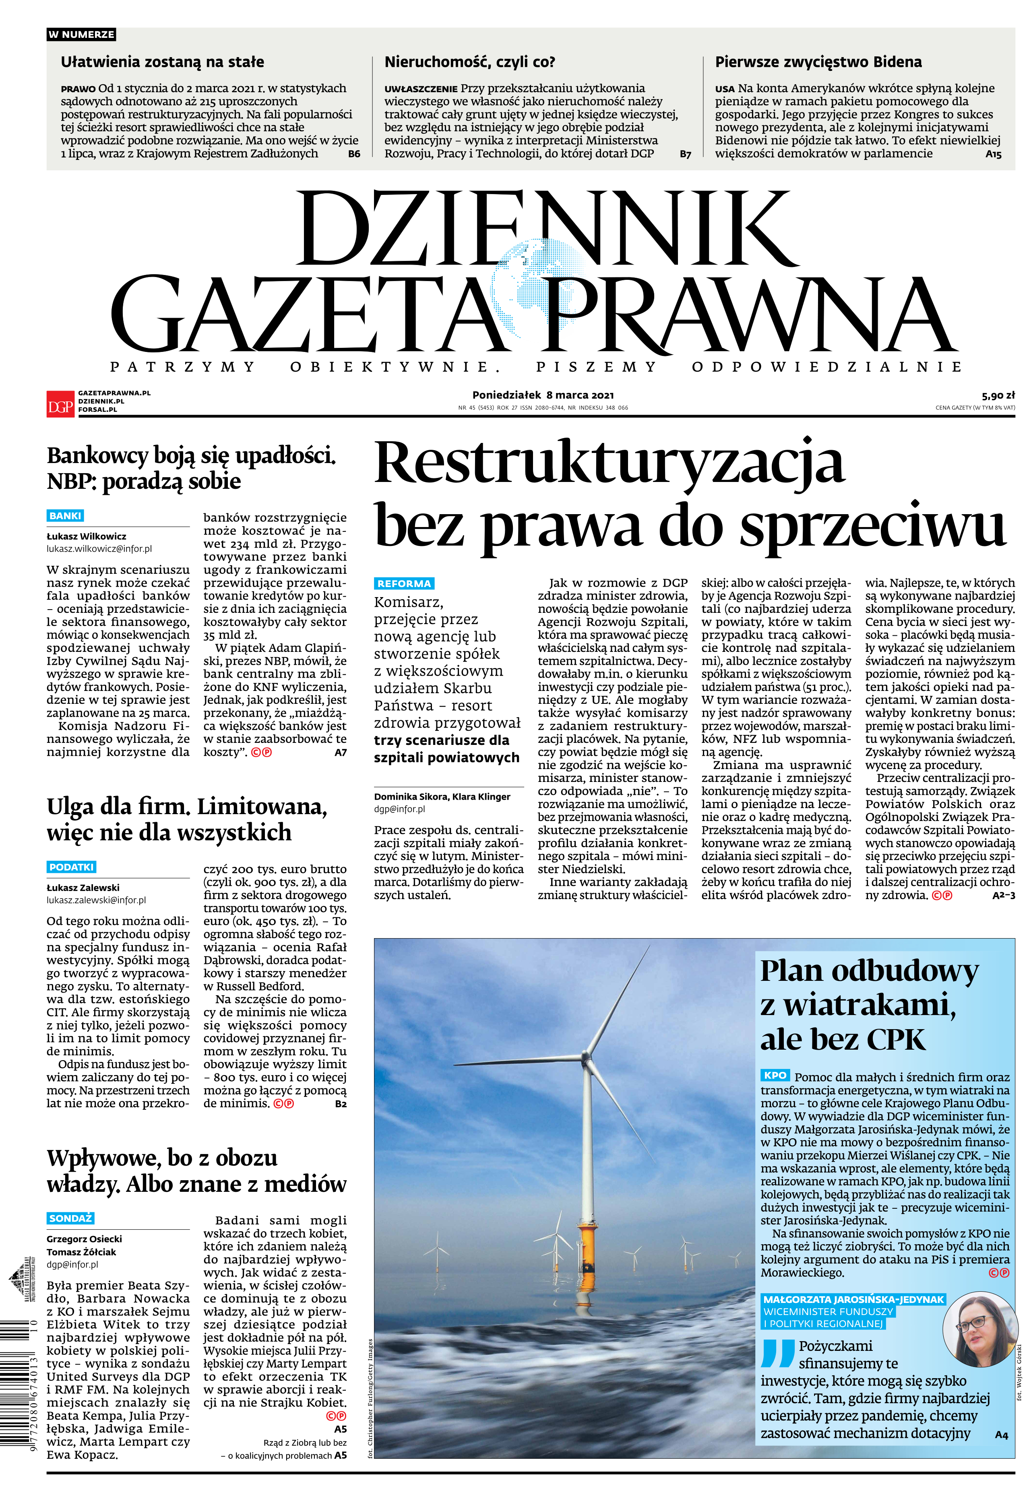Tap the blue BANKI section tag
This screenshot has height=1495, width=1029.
pyautogui.click(x=66, y=516)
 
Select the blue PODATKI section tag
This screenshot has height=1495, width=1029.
pyautogui.click(x=72, y=867)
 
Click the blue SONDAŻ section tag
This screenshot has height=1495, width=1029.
pyautogui.click(x=70, y=1218)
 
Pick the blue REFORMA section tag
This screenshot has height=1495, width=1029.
pyautogui.click(x=404, y=583)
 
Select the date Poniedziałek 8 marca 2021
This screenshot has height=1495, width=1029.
pyautogui.click(x=543, y=395)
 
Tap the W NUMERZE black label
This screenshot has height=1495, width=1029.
pyautogui.click(x=81, y=34)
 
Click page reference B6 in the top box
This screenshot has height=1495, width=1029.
pyautogui.click(x=354, y=154)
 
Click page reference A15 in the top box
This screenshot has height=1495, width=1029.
pyautogui.click(x=994, y=154)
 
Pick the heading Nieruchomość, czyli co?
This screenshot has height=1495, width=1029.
pyautogui.click(x=469, y=62)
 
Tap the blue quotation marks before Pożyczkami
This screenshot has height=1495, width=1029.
pyautogui.click(x=777, y=1354)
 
